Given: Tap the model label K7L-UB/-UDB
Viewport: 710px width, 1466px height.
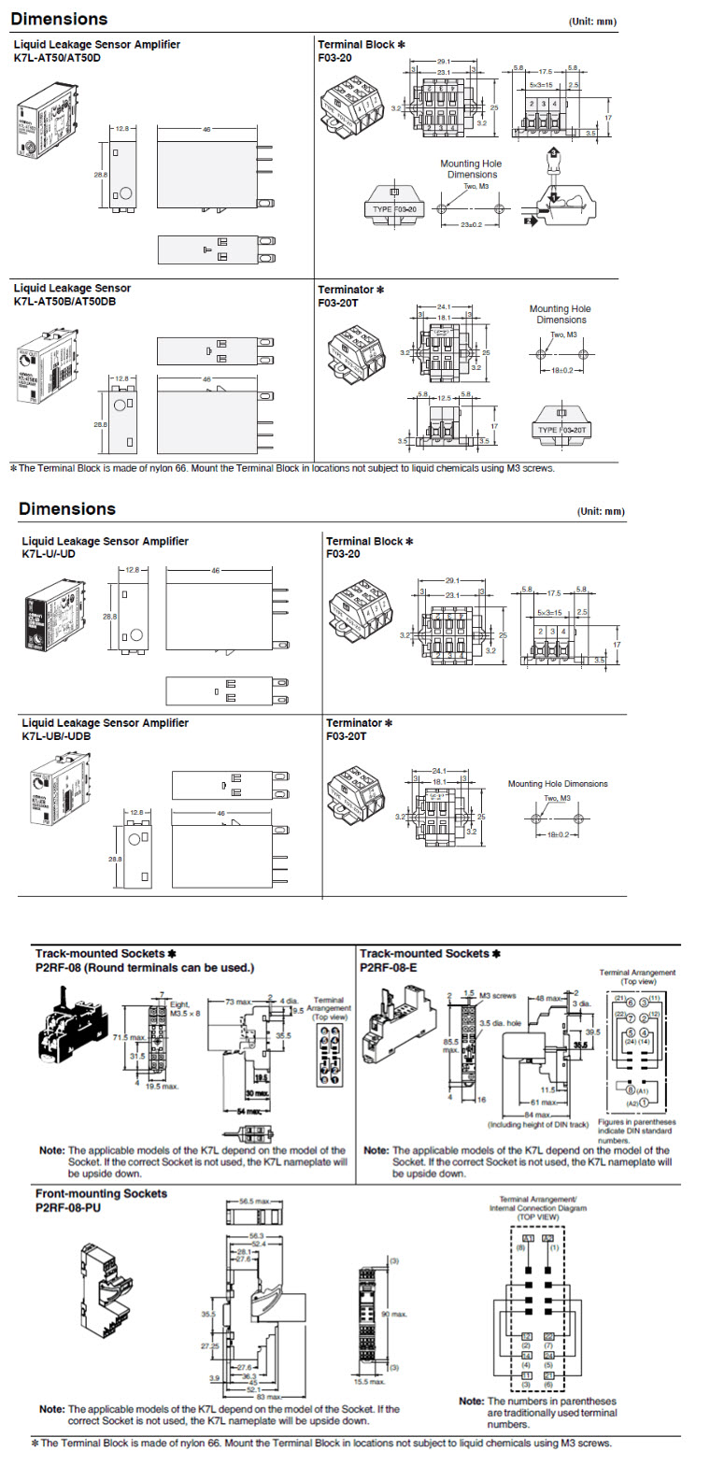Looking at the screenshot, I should coord(56,735).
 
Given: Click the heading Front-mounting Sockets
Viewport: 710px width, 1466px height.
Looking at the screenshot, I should coord(101,1193).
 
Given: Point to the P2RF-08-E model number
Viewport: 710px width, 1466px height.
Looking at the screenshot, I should coord(389,968).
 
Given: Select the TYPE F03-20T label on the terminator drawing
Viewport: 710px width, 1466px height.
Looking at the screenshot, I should coord(561,430).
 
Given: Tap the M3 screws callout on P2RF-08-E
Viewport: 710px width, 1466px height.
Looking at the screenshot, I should coord(497,996).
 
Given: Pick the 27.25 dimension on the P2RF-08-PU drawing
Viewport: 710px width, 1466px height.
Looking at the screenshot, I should coord(208,1346).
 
